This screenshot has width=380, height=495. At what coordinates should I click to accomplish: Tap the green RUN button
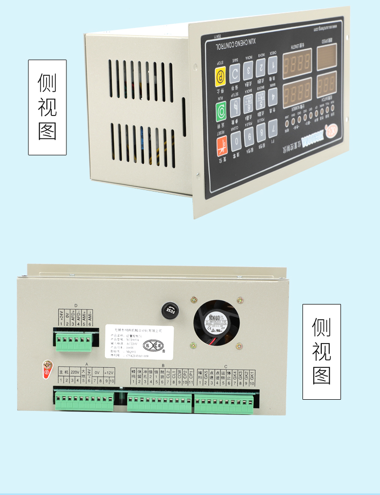point(221,110)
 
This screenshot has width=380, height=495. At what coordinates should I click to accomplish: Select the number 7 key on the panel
point(274,127)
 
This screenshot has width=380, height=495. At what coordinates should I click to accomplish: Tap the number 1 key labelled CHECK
point(273,63)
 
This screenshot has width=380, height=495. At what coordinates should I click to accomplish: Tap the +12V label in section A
point(109,371)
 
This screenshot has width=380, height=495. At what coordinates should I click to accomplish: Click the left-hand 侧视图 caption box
point(47,107)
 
